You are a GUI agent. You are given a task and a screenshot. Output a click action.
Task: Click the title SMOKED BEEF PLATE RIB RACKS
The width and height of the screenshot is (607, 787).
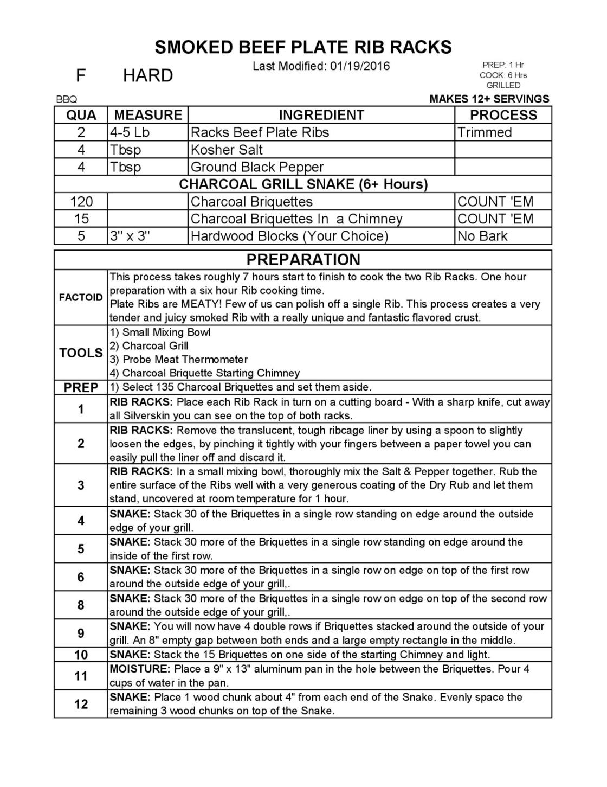click(x=303, y=47)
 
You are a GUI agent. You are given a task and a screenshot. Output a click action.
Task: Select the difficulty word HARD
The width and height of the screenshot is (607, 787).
click(x=148, y=75)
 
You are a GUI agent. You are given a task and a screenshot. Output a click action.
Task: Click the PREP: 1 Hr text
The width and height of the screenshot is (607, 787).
click(x=503, y=65)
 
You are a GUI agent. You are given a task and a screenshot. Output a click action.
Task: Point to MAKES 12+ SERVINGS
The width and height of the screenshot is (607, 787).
click(x=489, y=99)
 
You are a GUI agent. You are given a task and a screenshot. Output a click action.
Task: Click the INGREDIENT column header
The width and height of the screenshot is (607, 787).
click(x=321, y=115)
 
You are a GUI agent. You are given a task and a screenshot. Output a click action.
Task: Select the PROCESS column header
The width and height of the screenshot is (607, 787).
click(x=503, y=115)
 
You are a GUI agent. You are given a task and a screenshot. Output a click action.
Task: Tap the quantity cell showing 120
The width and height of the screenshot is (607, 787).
click(x=81, y=202)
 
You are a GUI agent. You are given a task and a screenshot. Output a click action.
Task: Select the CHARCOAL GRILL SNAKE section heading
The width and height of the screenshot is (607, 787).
click(x=303, y=184)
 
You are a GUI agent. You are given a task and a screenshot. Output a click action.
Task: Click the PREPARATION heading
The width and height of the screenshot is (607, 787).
click(x=303, y=259)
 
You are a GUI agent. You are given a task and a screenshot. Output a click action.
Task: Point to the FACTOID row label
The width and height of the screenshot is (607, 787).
click(x=81, y=297)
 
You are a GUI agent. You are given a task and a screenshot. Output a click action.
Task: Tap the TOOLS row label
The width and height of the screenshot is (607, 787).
click(x=81, y=353)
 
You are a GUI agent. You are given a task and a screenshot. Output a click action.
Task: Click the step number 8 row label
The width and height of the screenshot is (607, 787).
click(x=81, y=605)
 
